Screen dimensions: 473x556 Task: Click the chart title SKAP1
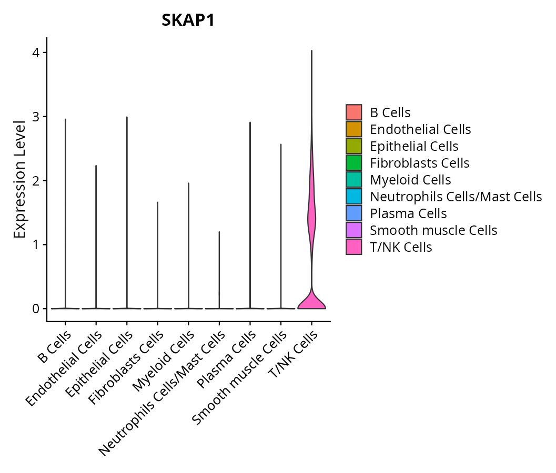click(x=188, y=20)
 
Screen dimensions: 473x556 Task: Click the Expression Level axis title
click(x=19, y=180)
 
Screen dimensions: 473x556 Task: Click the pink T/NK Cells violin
click(x=311, y=221)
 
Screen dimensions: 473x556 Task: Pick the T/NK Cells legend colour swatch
click(x=353, y=247)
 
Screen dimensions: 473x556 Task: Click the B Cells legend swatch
click(x=353, y=112)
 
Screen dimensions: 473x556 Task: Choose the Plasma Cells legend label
click(x=408, y=213)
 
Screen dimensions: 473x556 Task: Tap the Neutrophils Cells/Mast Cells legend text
click(x=456, y=197)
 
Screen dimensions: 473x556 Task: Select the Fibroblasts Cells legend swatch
click(x=353, y=163)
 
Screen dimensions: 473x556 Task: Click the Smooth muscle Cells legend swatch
click(x=353, y=230)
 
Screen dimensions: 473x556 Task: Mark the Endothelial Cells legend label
click(x=420, y=129)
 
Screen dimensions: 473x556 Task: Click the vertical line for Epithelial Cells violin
click(x=127, y=210)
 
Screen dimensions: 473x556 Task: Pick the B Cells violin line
click(x=65, y=210)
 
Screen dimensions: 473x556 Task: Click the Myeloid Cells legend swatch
click(x=353, y=180)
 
